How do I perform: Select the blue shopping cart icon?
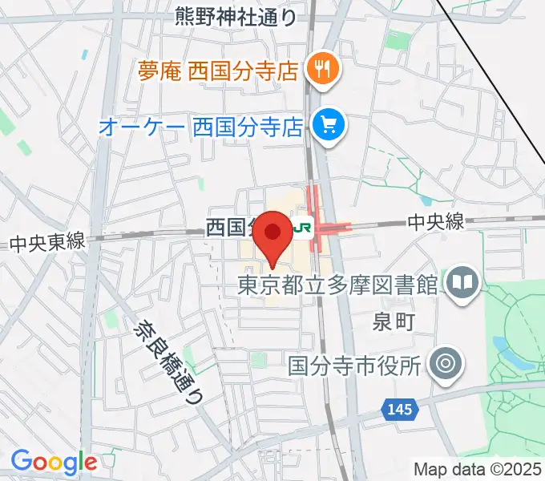coord(328,125)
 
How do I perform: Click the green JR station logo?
coord(302,228)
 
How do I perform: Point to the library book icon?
coord(463,283)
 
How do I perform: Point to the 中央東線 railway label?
coord(47,242)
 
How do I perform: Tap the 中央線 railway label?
coord(435,222)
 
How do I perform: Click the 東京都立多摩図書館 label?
coord(337,285)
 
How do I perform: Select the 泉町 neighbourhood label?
coord(394,322)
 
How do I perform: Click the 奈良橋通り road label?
coord(169,361)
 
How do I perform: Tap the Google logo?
coord(53,462)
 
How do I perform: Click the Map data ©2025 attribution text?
coord(478,469)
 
